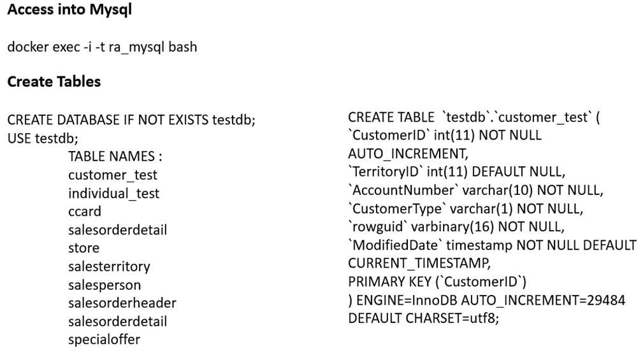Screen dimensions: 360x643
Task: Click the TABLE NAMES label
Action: (115, 156)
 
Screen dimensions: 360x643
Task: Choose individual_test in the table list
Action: (113, 192)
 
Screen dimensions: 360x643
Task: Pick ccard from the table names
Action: (85, 210)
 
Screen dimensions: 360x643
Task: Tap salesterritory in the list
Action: (109, 265)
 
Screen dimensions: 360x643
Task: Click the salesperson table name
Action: (105, 284)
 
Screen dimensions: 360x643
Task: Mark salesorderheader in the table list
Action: (122, 302)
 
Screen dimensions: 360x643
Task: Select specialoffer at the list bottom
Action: (105, 338)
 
